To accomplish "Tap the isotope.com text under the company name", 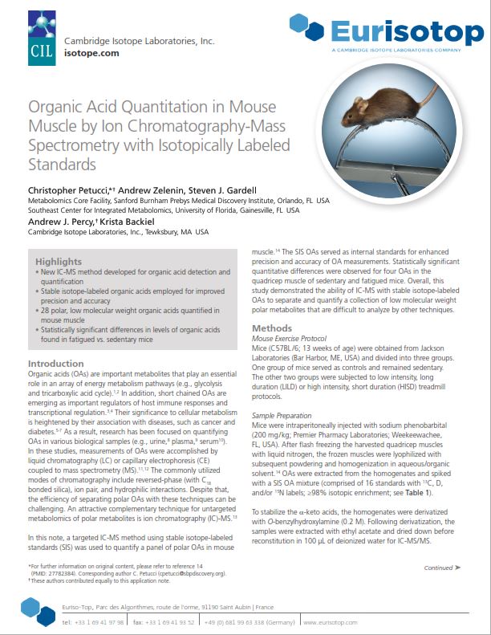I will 92,53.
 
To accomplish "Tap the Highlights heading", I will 59,262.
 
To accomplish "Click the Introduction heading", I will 56,364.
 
